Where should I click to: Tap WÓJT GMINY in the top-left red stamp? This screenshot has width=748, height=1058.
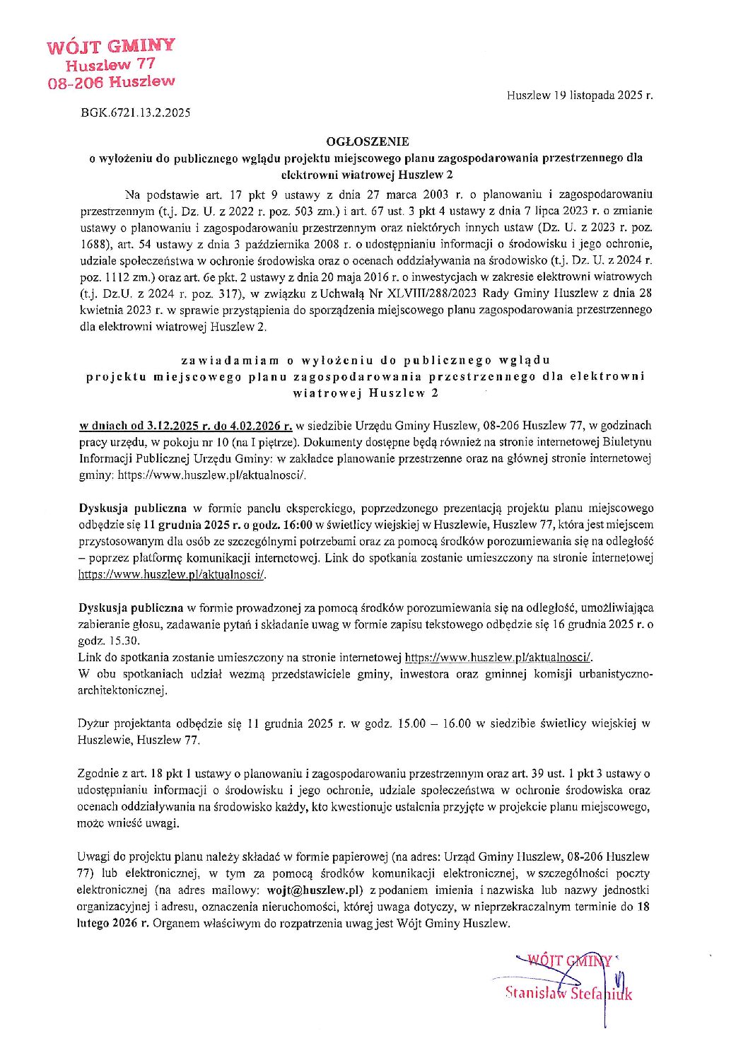pyautogui.click(x=111, y=47)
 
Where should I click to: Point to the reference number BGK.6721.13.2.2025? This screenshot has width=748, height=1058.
pyautogui.click(x=136, y=112)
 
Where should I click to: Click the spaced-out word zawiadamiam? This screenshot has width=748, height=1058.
pyautogui.click(x=232, y=359)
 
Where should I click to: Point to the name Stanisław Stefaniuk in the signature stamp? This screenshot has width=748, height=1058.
pyautogui.click(x=568, y=993)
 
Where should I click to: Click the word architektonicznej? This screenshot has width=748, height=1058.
pyautogui.click(x=122, y=690)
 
